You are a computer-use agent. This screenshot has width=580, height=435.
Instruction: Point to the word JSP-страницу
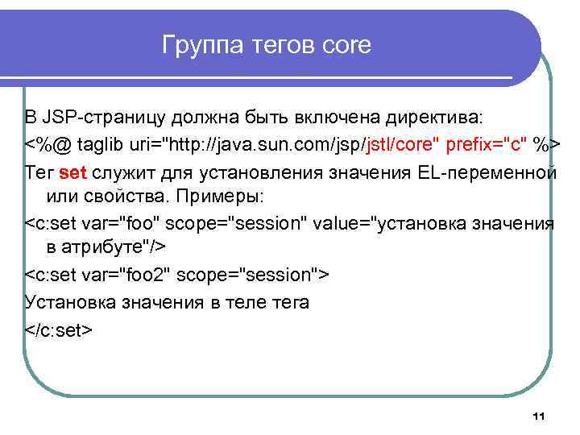[x=97, y=118]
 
